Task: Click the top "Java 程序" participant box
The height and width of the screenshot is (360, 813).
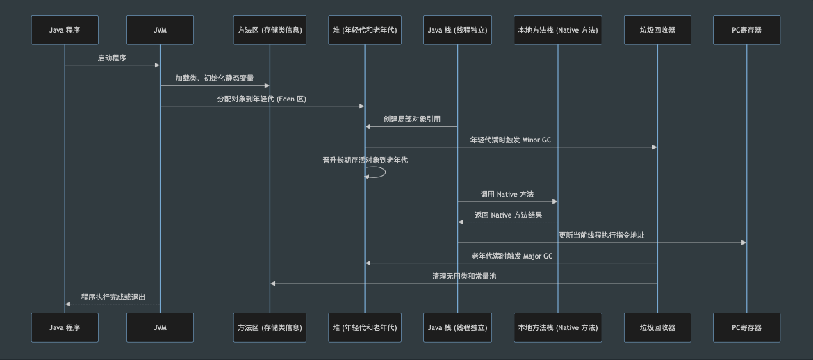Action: click(65, 30)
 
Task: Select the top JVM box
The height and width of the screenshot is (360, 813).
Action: click(160, 30)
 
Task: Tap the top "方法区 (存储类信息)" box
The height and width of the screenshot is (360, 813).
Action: click(270, 30)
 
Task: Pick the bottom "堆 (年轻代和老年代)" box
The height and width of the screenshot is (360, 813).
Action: click(365, 327)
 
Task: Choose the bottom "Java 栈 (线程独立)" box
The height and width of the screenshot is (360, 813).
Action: click(457, 327)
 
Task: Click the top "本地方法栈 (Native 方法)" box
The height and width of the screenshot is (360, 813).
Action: click(557, 30)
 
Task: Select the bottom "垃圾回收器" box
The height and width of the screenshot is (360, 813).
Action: click(657, 327)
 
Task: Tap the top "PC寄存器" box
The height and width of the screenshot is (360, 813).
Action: click(747, 30)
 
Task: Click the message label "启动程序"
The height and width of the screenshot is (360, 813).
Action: click(112, 58)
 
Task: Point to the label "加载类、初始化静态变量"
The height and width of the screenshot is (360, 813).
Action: click(215, 79)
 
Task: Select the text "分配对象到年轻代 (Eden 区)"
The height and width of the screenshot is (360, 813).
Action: click(262, 99)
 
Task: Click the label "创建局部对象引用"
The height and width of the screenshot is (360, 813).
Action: click(411, 120)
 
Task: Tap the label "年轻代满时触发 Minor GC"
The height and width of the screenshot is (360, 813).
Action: click(511, 140)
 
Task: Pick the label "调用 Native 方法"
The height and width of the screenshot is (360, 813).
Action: click(507, 195)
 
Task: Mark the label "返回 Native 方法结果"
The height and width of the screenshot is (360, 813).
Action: click(508, 215)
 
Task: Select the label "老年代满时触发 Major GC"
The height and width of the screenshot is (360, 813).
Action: click(511, 256)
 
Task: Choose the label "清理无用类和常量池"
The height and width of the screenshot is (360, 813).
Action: click(463, 276)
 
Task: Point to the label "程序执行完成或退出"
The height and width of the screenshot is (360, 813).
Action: click(113, 297)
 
